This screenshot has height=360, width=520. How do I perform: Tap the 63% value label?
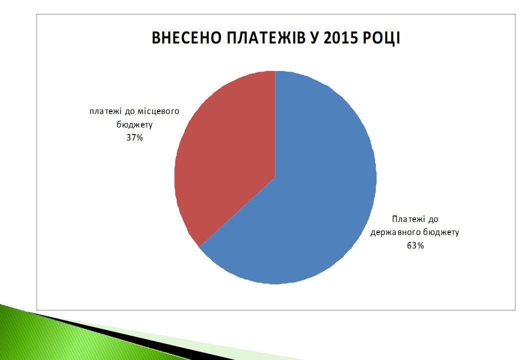415,245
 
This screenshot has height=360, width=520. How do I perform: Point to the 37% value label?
134,137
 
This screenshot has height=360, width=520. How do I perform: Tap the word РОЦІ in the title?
380,38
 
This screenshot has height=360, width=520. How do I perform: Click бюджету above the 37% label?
134,124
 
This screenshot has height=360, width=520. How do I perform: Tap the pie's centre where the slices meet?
275,177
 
